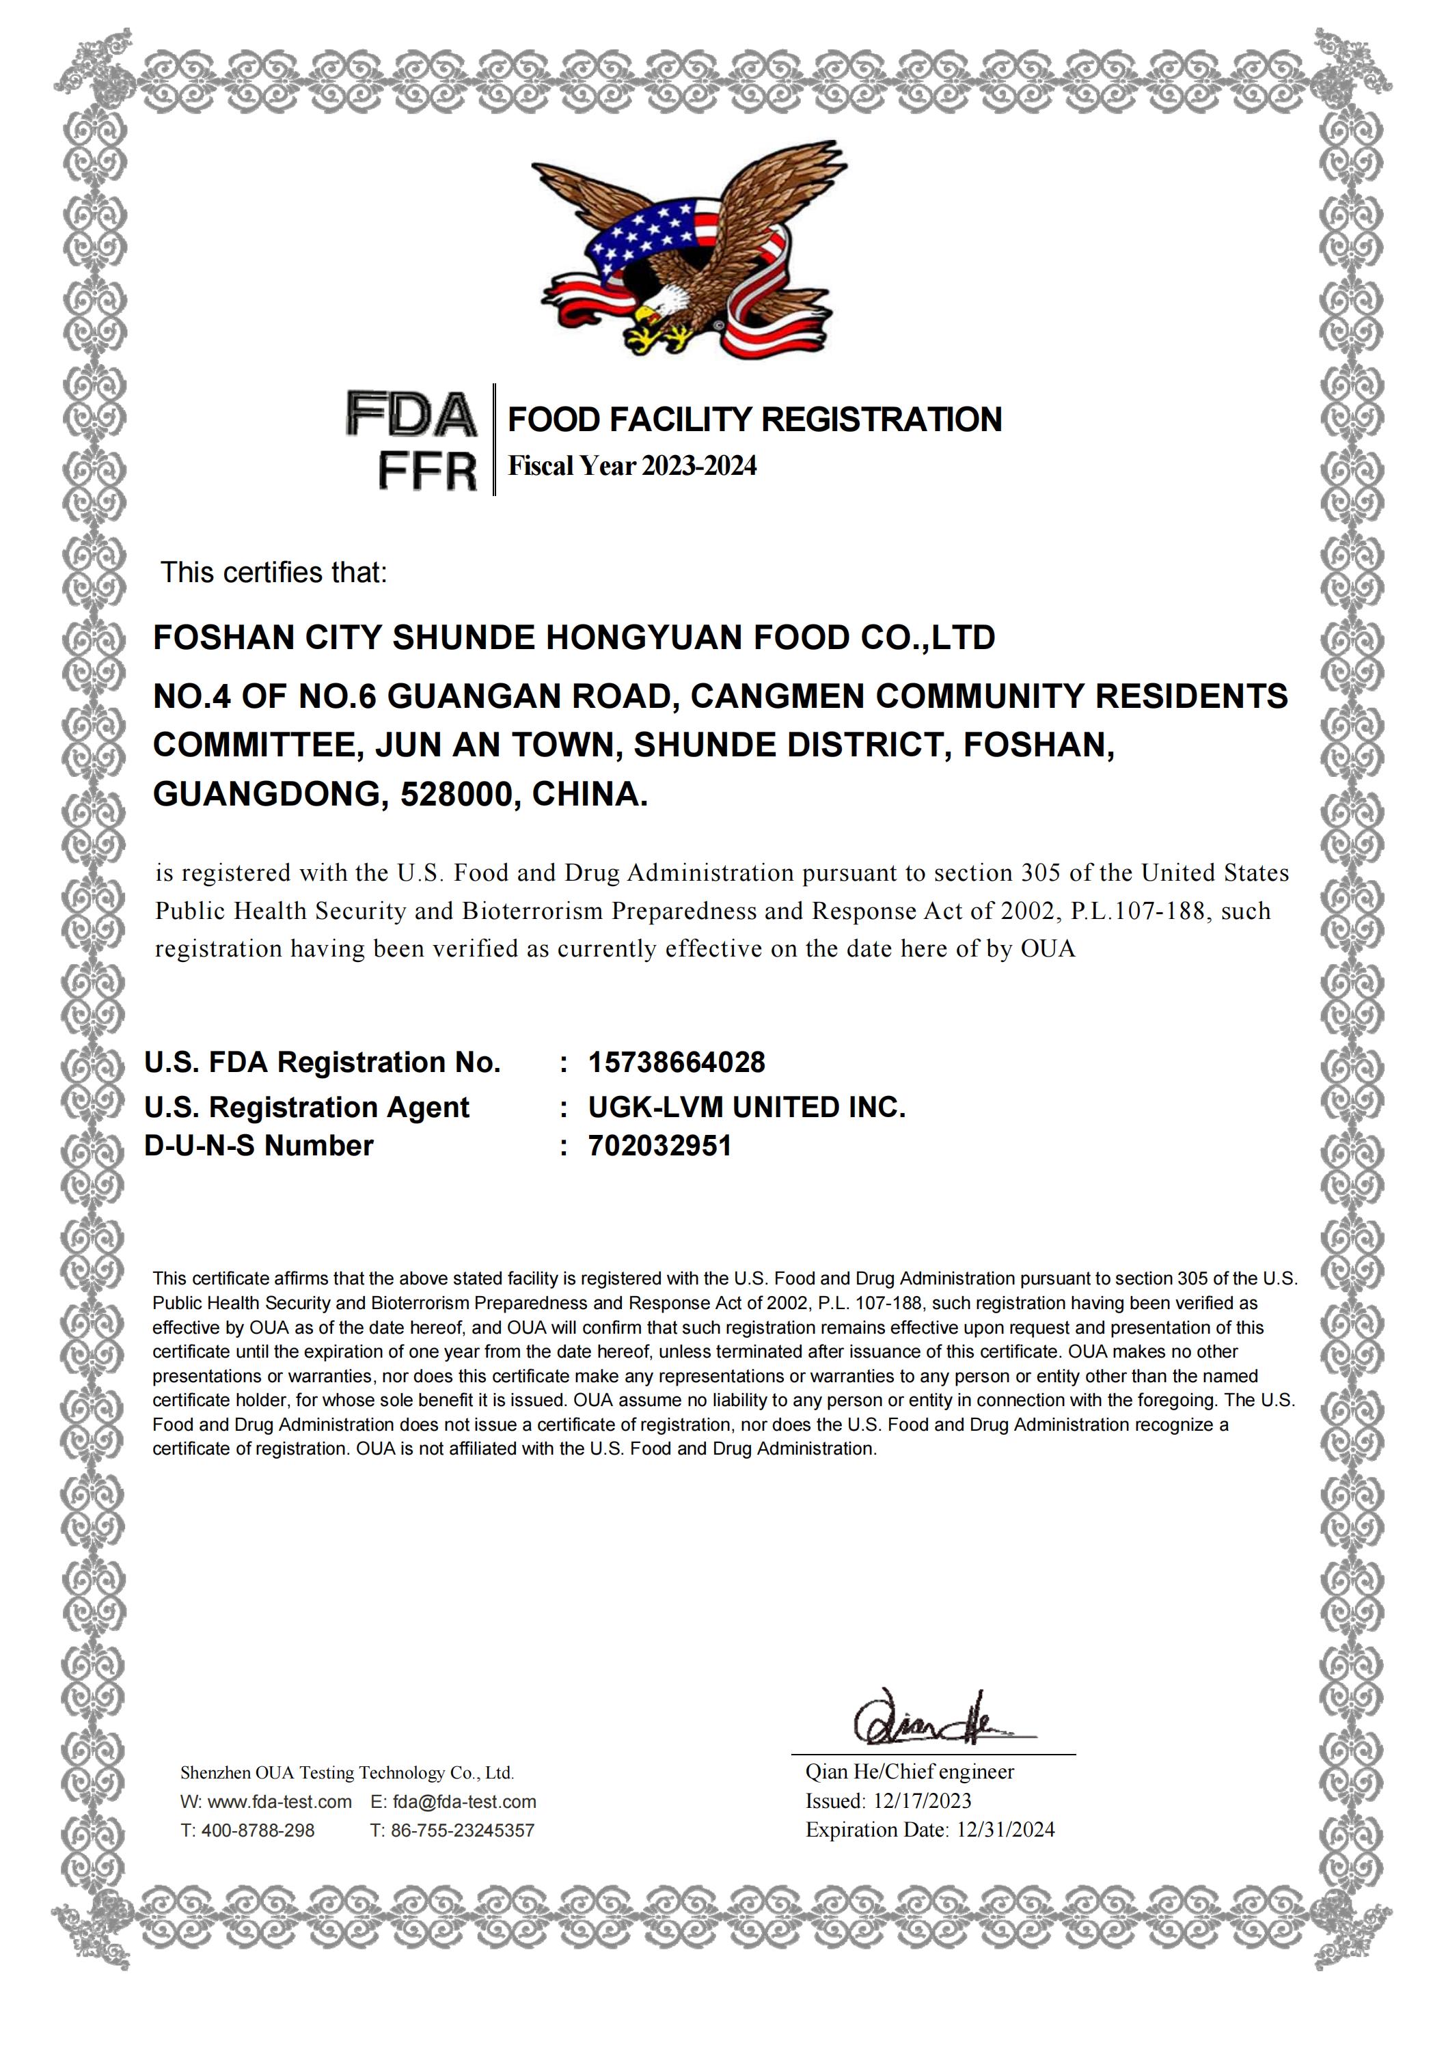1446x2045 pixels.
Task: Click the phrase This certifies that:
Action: [x=273, y=573]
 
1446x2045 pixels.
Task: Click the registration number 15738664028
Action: [x=677, y=1062]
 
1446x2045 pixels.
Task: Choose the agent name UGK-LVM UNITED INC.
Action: [x=747, y=1107]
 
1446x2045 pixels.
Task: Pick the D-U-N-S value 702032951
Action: [x=659, y=1145]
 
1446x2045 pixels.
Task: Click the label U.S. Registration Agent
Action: [x=306, y=1107]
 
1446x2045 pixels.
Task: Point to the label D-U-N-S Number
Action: [x=258, y=1145]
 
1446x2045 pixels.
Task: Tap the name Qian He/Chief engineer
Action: [x=910, y=1772]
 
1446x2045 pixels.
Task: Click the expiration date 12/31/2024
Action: [x=1005, y=1830]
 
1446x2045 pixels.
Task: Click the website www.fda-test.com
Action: [x=279, y=1802]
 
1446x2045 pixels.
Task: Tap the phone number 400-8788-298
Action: [x=258, y=1830]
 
